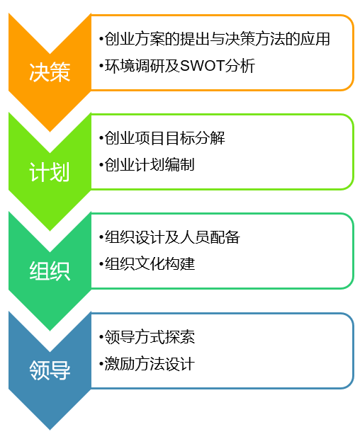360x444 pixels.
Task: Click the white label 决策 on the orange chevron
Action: pyautogui.click(x=50, y=72)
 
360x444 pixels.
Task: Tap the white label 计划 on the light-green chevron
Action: pyautogui.click(x=50, y=172)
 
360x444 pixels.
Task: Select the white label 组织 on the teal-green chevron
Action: pyautogui.click(x=50, y=271)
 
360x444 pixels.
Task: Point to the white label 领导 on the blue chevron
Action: pyautogui.click(x=50, y=370)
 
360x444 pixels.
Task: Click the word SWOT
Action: pyautogui.click(x=202, y=66)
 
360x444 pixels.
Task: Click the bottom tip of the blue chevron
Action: pyautogui.click(x=50, y=430)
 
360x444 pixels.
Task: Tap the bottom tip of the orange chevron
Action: pyautogui.click(x=50, y=132)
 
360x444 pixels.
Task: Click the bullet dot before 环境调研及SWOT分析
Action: pyautogui.click(x=101, y=66)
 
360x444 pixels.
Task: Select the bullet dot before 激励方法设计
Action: pyautogui.click(x=101, y=363)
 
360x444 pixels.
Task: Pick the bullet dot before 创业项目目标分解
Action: pyautogui.click(x=101, y=138)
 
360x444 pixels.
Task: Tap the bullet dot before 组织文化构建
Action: pyautogui.click(x=101, y=263)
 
